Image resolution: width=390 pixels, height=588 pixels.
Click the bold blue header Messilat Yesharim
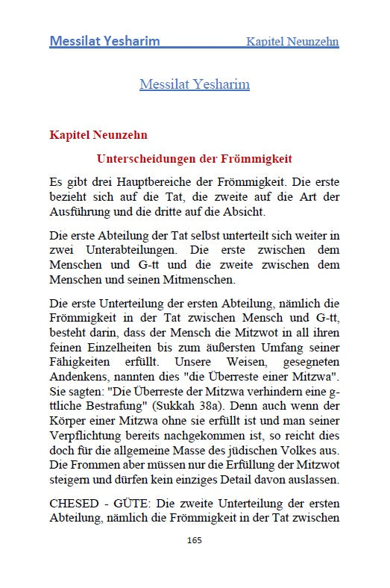tap(104, 40)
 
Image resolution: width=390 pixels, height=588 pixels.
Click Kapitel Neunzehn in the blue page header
tap(292, 41)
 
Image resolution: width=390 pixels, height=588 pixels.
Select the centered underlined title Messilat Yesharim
tap(194, 84)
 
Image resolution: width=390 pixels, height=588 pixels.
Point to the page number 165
tap(194, 539)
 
